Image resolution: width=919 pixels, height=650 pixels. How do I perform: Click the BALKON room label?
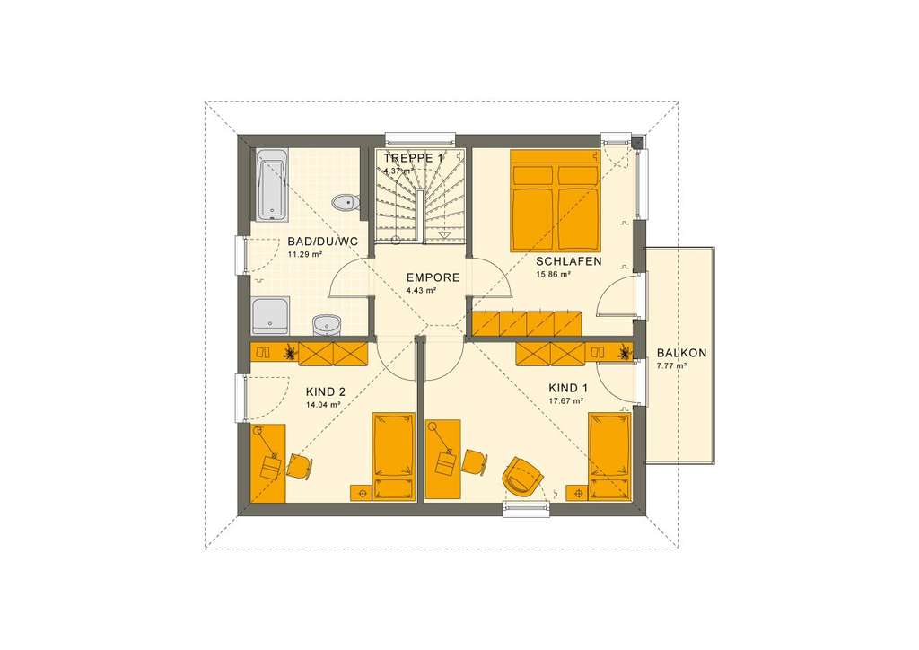681,353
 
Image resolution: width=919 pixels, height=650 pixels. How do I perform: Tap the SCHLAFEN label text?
568,262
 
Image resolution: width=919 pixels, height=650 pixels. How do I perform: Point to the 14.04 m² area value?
323,405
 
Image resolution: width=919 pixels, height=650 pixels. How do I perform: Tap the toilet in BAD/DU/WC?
345,202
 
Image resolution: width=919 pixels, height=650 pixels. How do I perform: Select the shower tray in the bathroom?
270,317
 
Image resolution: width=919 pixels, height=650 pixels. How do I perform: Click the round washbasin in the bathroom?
326,323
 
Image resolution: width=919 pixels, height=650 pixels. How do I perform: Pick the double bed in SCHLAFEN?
555,200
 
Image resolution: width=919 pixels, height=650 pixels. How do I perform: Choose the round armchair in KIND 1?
521,475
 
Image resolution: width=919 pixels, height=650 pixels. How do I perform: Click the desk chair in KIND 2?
300,466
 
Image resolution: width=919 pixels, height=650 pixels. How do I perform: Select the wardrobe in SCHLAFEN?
527,323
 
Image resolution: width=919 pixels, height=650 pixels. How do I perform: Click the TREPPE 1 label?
414,158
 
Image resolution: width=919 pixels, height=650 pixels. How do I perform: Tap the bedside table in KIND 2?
362,493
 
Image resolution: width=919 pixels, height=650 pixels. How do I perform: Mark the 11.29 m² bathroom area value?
304,254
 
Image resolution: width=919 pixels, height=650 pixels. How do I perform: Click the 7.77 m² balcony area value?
670,366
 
